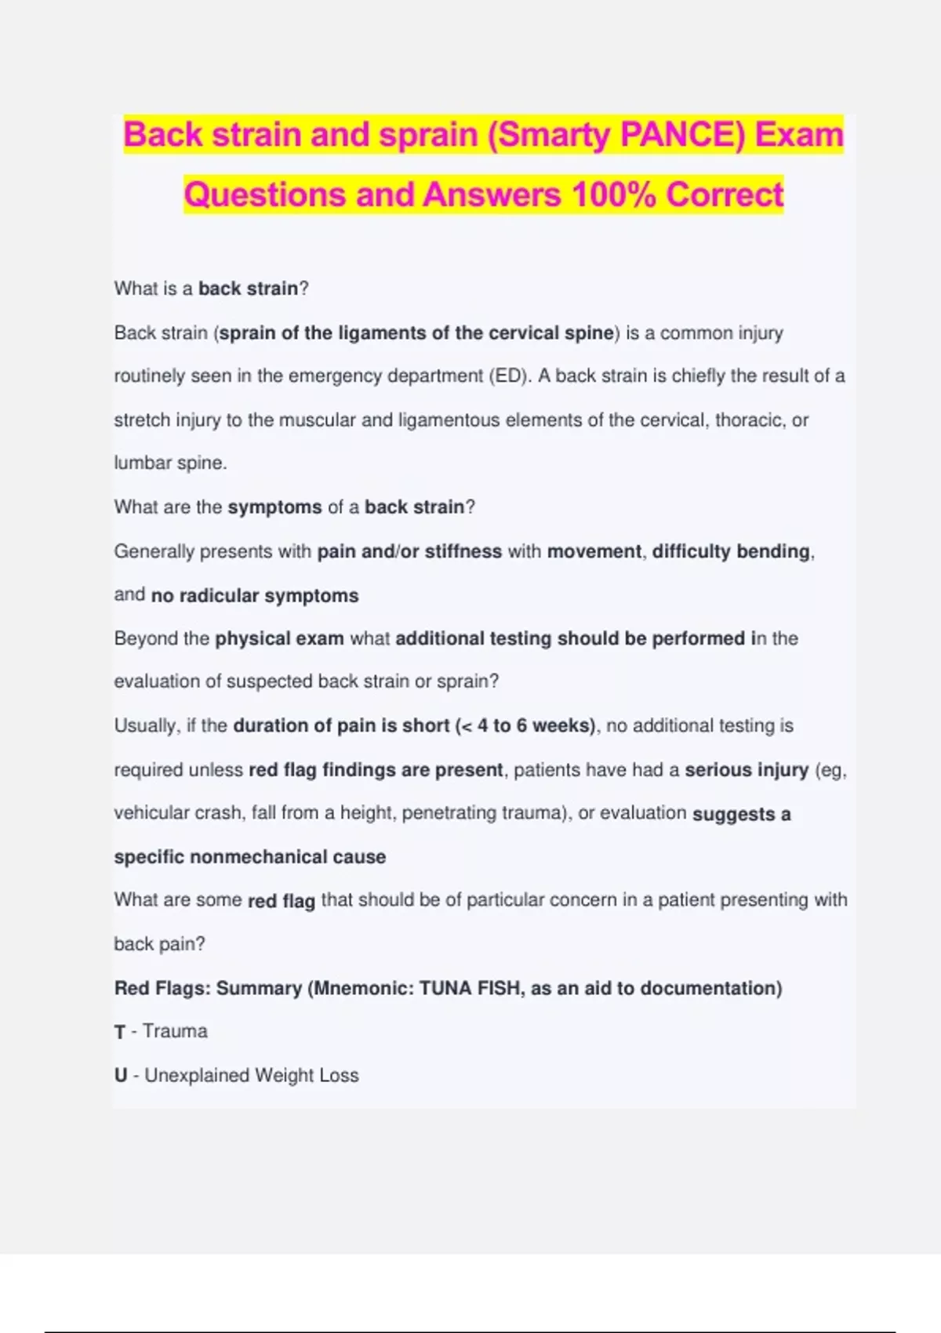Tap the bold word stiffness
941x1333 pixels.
point(463,552)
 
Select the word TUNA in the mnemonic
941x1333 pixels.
point(445,989)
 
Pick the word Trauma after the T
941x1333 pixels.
point(175,1031)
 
